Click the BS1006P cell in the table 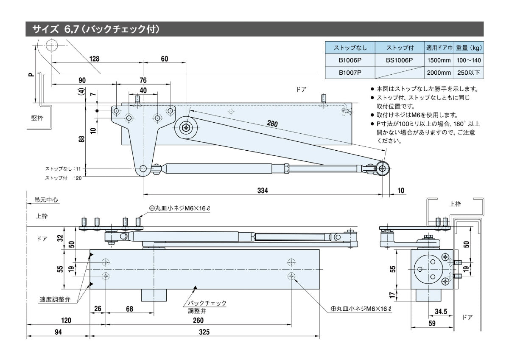(x=399, y=60)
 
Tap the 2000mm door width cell (x=439, y=73)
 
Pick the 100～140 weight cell (x=469, y=60)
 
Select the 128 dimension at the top (x=94, y=59)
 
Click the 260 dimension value (x=198, y=321)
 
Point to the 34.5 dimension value (x=442, y=312)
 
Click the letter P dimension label (x=31, y=75)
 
